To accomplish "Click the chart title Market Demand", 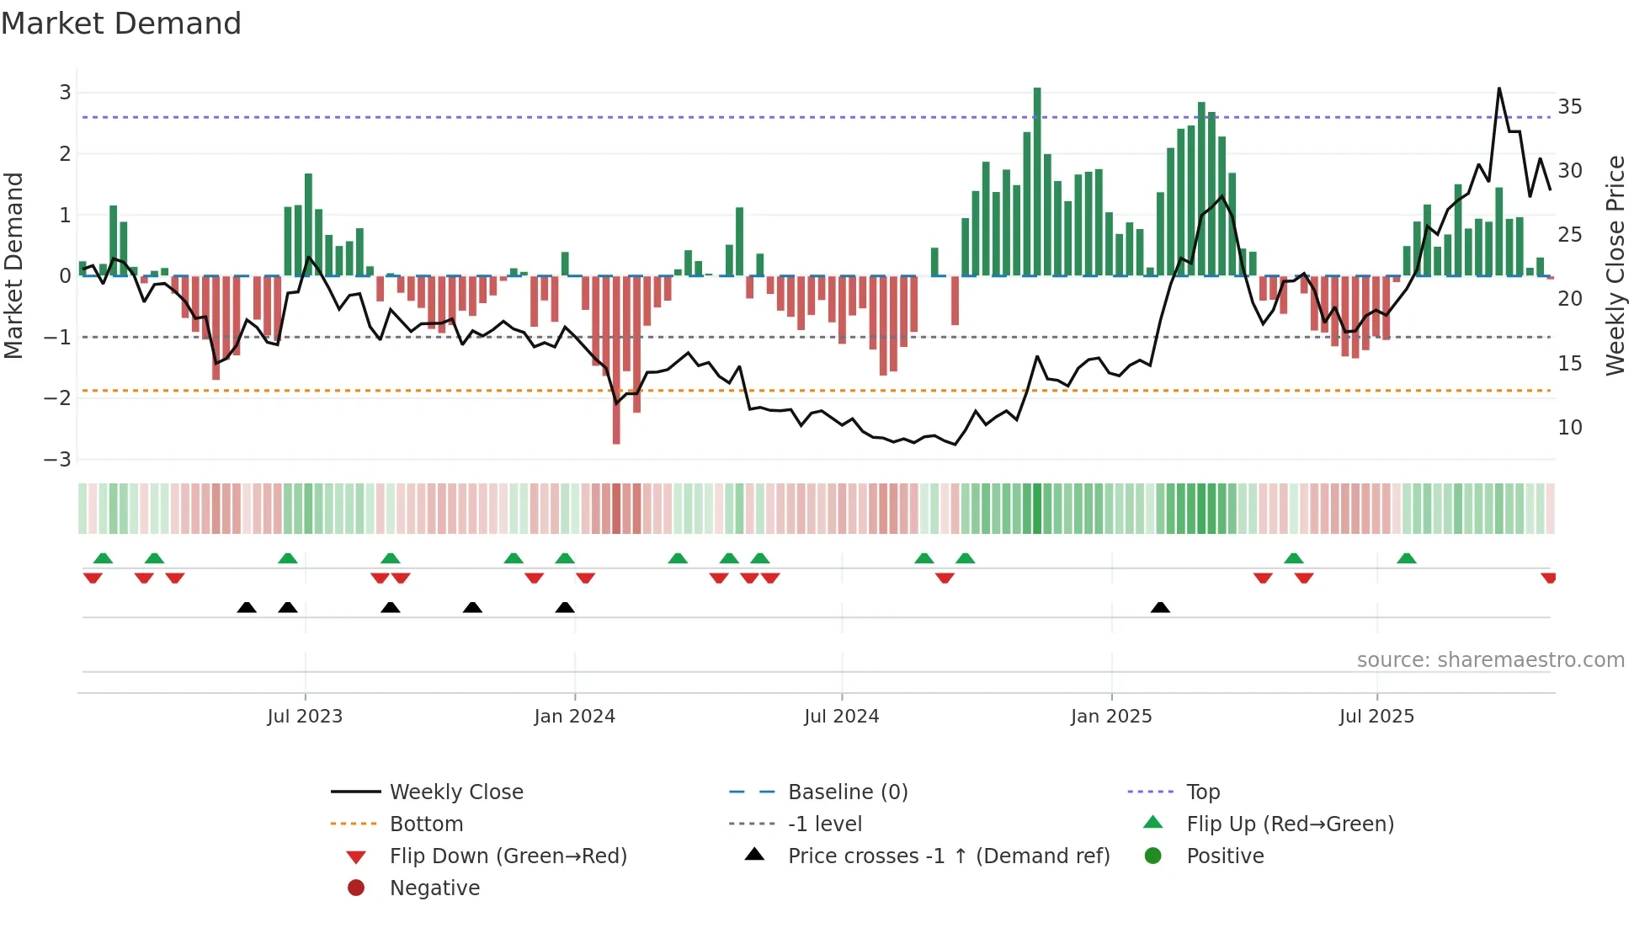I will [121, 24].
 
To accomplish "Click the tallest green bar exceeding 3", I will [1037, 181].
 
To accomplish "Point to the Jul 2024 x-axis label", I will [841, 717].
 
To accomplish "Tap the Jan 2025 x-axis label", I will [1111, 717].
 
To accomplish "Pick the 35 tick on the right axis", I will [1569, 107].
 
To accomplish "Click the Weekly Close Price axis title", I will [1615, 265].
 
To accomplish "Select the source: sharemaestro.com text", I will [1490, 660].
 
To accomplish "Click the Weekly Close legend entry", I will [455, 792].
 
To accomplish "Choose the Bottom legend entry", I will [426, 824].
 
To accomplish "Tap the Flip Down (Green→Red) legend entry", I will [508, 856].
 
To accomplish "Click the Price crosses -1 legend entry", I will [949, 856].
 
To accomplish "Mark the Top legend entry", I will [1203, 792].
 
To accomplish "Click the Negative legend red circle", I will [356, 888].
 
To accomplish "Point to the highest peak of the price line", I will [1499, 88].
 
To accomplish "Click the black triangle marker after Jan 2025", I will [1160, 607].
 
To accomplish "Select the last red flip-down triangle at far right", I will [1548, 578].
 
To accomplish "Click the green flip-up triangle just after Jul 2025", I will [1407, 558].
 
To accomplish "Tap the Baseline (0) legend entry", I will [847, 792].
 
